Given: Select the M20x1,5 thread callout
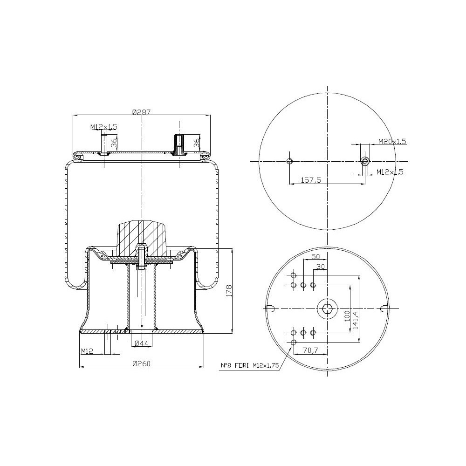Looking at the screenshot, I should point(392,141).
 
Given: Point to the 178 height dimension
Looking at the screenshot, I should point(228,290).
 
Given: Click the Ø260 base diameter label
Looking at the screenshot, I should point(141,363).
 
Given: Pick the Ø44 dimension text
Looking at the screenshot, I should point(141,343).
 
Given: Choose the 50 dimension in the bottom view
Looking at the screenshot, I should point(315,257).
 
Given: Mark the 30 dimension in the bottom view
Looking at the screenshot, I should point(321,267).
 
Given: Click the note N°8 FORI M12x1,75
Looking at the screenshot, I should point(250,366).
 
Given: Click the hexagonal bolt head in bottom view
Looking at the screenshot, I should point(328,308).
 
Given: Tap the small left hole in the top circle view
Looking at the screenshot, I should point(289,161).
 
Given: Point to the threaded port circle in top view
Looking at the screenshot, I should point(365,161).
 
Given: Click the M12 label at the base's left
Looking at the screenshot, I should point(87,351).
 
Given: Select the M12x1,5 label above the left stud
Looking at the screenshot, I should point(103,127).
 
